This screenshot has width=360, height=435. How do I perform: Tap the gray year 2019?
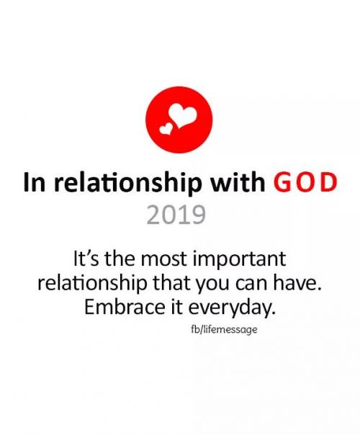(x=179, y=213)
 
